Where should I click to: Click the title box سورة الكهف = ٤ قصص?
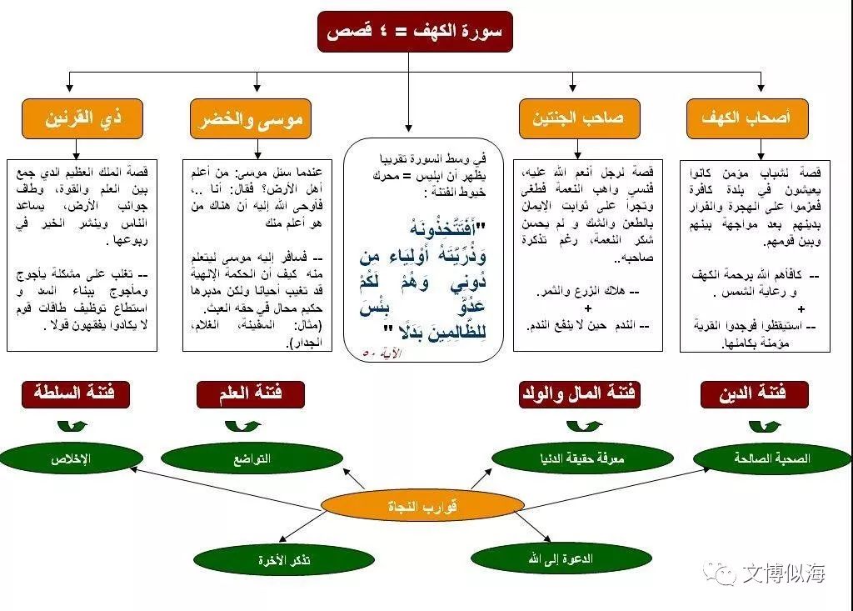coord(414,32)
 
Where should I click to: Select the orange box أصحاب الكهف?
coord(737,118)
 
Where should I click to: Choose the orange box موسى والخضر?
coord(251,118)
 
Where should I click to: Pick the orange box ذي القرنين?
coord(82,118)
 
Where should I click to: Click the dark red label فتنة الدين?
coord(753,393)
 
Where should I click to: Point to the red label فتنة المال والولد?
coord(579,393)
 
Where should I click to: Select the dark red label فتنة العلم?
coord(251,393)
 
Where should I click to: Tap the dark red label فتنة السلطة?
coord(76,393)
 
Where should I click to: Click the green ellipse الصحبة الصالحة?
coord(772,458)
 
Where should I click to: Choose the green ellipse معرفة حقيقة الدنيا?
coord(582,458)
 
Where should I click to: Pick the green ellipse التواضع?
coord(252,458)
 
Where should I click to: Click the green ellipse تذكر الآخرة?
coord(284,560)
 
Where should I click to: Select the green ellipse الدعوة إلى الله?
coord(561,558)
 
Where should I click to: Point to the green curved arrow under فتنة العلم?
coord(242,426)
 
